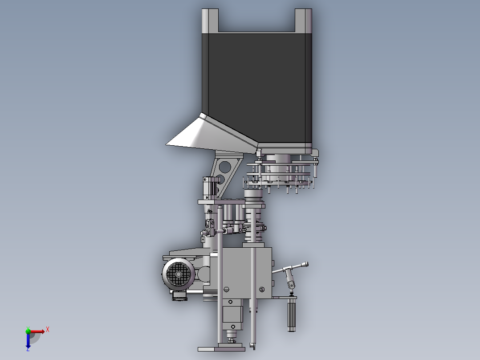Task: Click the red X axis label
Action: click(x=48, y=329)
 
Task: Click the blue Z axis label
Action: click(x=28, y=349)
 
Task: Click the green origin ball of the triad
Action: click(x=28, y=331)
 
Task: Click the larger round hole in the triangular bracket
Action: click(x=225, y=167)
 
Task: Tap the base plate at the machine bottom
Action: click(x=221, y=348)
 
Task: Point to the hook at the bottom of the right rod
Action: click(x=253, y=346)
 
